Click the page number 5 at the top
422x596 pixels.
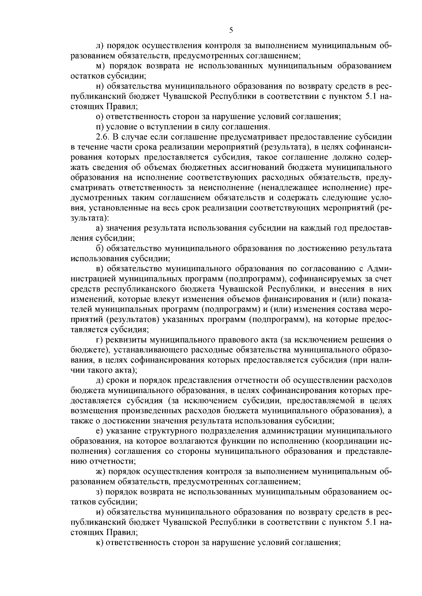tap(231, 30)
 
